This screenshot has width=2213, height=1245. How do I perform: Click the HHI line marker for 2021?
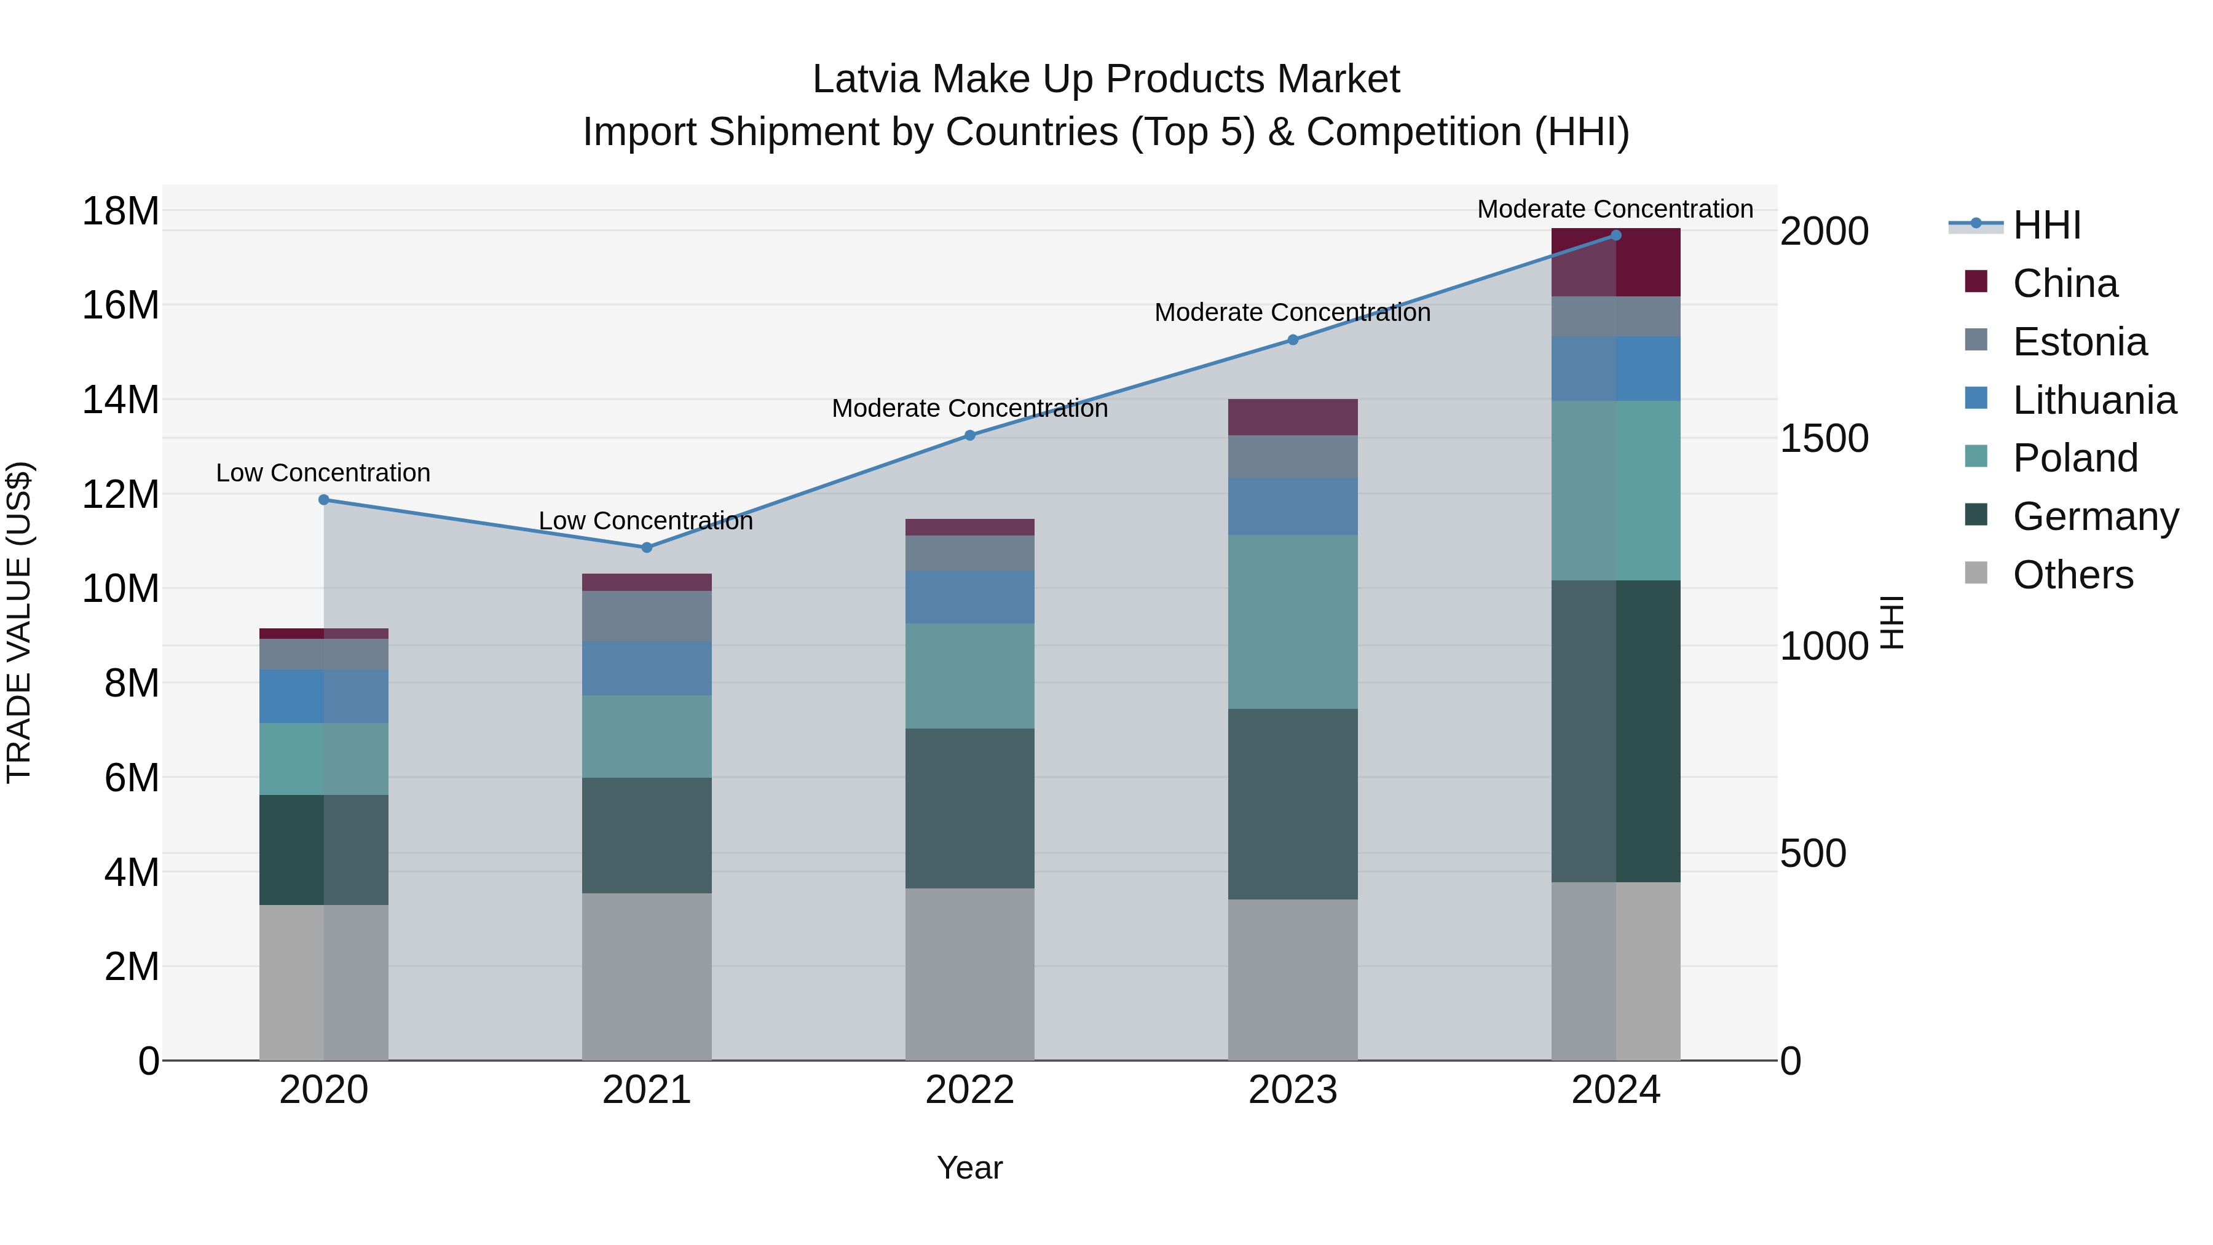(647, 547)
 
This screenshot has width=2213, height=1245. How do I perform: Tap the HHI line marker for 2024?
(1616, 235)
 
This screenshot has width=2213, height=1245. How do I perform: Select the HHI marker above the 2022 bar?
(970, 436)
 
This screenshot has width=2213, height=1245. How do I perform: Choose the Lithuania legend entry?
(2094, 400)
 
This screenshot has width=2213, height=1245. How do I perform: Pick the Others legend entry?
(2072, 575)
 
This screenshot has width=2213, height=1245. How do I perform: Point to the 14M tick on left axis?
(120, 400)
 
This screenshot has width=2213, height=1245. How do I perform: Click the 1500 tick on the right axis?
(1824, 438)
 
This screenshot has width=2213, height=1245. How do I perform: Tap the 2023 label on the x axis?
(1292, 1090)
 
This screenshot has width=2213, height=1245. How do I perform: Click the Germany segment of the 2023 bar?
(1292, 804)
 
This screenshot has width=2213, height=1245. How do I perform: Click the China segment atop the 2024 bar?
(1616, 262)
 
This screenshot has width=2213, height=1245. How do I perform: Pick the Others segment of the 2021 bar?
(647, 976)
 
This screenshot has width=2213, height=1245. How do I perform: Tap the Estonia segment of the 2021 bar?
(647, 616)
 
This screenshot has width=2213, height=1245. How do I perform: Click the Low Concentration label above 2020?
(323, 473)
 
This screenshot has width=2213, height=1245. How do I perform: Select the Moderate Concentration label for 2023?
(1292, 313)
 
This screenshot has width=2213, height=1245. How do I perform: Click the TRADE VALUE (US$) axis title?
(19, 622)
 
